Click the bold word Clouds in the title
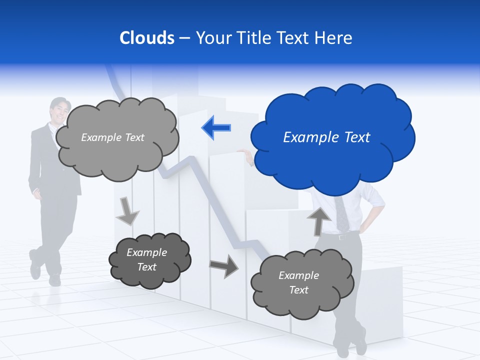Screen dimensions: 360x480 (147, 38)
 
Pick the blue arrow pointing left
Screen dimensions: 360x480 (216, 128)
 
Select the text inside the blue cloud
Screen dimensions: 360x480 (326, 137)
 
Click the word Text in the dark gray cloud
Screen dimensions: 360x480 (146, 267)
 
